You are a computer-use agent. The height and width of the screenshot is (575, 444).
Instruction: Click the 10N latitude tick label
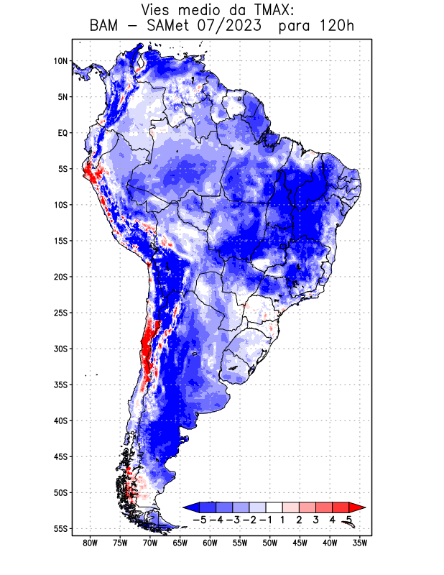coord(60,61)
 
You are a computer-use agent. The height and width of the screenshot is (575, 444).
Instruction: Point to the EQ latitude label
coord(62,133)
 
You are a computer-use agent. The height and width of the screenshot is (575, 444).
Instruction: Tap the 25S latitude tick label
coord(60,313)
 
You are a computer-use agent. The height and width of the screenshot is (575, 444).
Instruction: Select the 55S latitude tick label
coord(60,528)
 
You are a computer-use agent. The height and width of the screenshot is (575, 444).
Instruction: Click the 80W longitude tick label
coord(91,543)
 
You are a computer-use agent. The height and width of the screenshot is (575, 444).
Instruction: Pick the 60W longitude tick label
coord(211,543)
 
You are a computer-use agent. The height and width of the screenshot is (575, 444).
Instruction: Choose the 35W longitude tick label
coord(360,543)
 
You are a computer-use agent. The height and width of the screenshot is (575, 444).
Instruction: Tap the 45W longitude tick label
coord(300,543)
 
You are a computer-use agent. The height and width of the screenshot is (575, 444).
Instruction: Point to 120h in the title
coord(337,27)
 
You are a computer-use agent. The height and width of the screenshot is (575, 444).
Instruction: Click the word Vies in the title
coord(159,10)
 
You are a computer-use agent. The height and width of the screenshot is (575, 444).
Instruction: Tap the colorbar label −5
coord(200,519)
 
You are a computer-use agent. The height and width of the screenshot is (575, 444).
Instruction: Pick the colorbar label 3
coord(315,519)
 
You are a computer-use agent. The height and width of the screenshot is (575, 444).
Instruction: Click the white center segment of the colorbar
coord(274,507)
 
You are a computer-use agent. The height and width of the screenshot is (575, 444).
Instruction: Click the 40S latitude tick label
coord(60,420)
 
